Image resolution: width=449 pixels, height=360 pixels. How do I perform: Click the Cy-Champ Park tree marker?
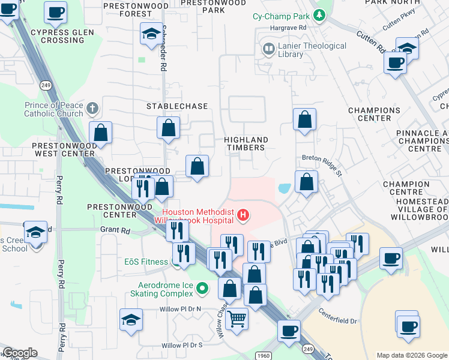[x=321, y=15]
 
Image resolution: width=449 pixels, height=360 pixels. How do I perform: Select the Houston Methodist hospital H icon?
[x=243, y=214]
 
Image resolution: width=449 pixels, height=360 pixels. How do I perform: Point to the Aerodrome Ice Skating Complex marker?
[x=202, y=289]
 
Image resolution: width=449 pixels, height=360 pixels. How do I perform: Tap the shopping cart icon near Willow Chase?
[x=237, y=319]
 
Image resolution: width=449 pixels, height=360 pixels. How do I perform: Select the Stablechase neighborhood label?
[x=178, y=106]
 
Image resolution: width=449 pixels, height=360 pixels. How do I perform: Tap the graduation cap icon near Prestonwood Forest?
[x=151, y=34]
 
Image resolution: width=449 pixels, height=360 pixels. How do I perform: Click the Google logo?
[x=20, y=353]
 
